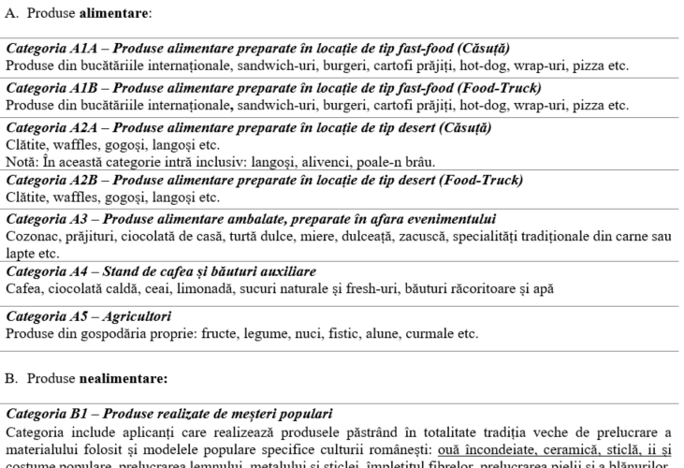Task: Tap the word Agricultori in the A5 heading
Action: (136, 316)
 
